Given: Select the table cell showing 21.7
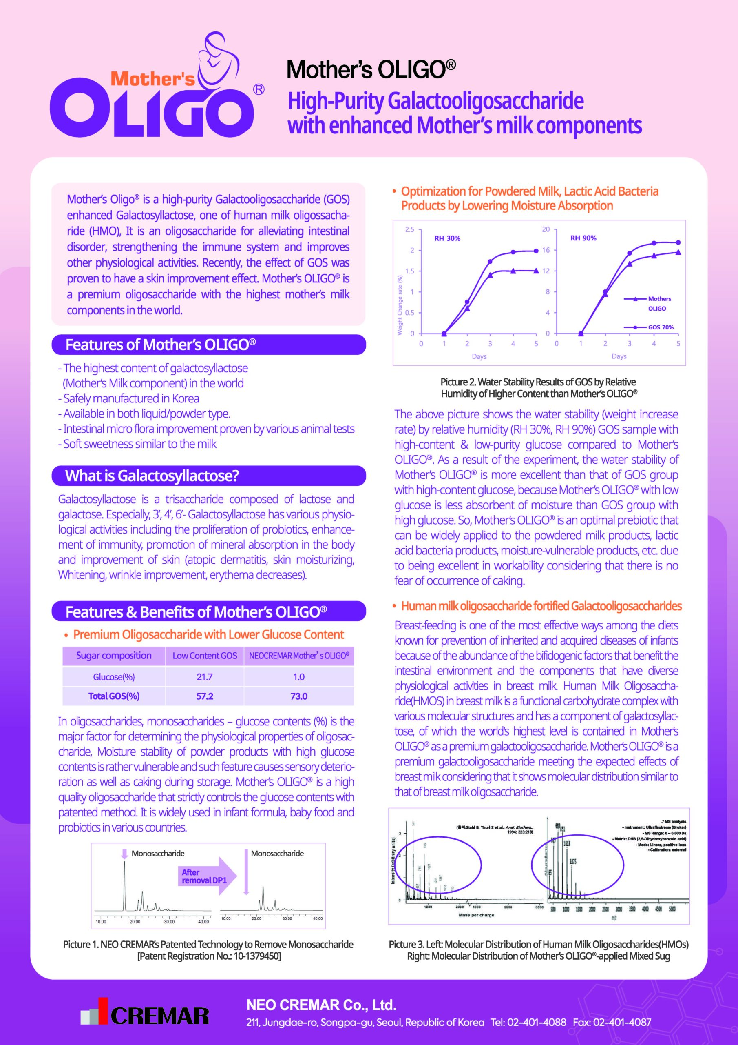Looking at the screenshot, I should click(x=205, y=677).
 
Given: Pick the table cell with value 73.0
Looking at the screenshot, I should click(x=299, y=696).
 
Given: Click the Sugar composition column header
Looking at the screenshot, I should click(x=114, y=656).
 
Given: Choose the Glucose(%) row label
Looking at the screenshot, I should click(x=114, y=677).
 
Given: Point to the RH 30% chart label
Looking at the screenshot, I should click(x=447, y=238).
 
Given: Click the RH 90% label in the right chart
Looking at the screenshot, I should click(x=583, y=238).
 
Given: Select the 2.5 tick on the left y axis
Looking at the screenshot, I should click(x=409, y=229).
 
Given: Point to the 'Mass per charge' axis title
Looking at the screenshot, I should click(x=476, y=915).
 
